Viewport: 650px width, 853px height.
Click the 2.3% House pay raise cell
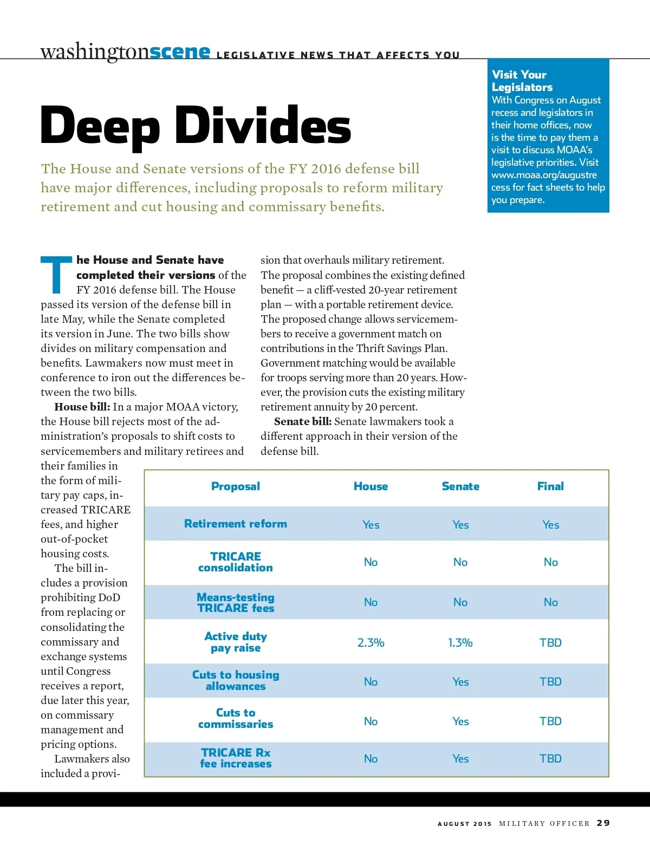coord(370,643)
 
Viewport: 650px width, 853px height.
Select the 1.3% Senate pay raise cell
coord(460,643)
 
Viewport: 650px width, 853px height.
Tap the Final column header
coord(550,486)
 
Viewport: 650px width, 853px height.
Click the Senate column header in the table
coord(460,486)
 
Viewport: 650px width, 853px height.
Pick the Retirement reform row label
coord(236,524)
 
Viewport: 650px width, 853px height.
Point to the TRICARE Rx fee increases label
coord(236,758)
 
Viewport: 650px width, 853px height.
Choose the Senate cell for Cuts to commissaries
coord(460,721)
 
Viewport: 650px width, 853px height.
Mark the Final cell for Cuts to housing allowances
coord(550,682)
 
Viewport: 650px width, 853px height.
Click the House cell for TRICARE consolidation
coord(370,562)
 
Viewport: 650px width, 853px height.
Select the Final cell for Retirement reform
coord(550,525)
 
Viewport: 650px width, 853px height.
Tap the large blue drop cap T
coord(56,274)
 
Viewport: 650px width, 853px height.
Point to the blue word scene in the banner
coord(180,52)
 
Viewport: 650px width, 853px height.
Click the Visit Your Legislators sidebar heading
coord(522,81)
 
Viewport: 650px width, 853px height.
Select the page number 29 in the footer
coord(603,823)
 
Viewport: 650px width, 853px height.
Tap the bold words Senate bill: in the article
coord(303,421)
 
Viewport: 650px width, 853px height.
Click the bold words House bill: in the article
coord(82,407)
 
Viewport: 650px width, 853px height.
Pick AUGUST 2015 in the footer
coord(465,824)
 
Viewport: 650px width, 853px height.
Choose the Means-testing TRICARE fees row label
coord(236,603)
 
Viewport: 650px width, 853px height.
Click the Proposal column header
coord(236,486)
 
